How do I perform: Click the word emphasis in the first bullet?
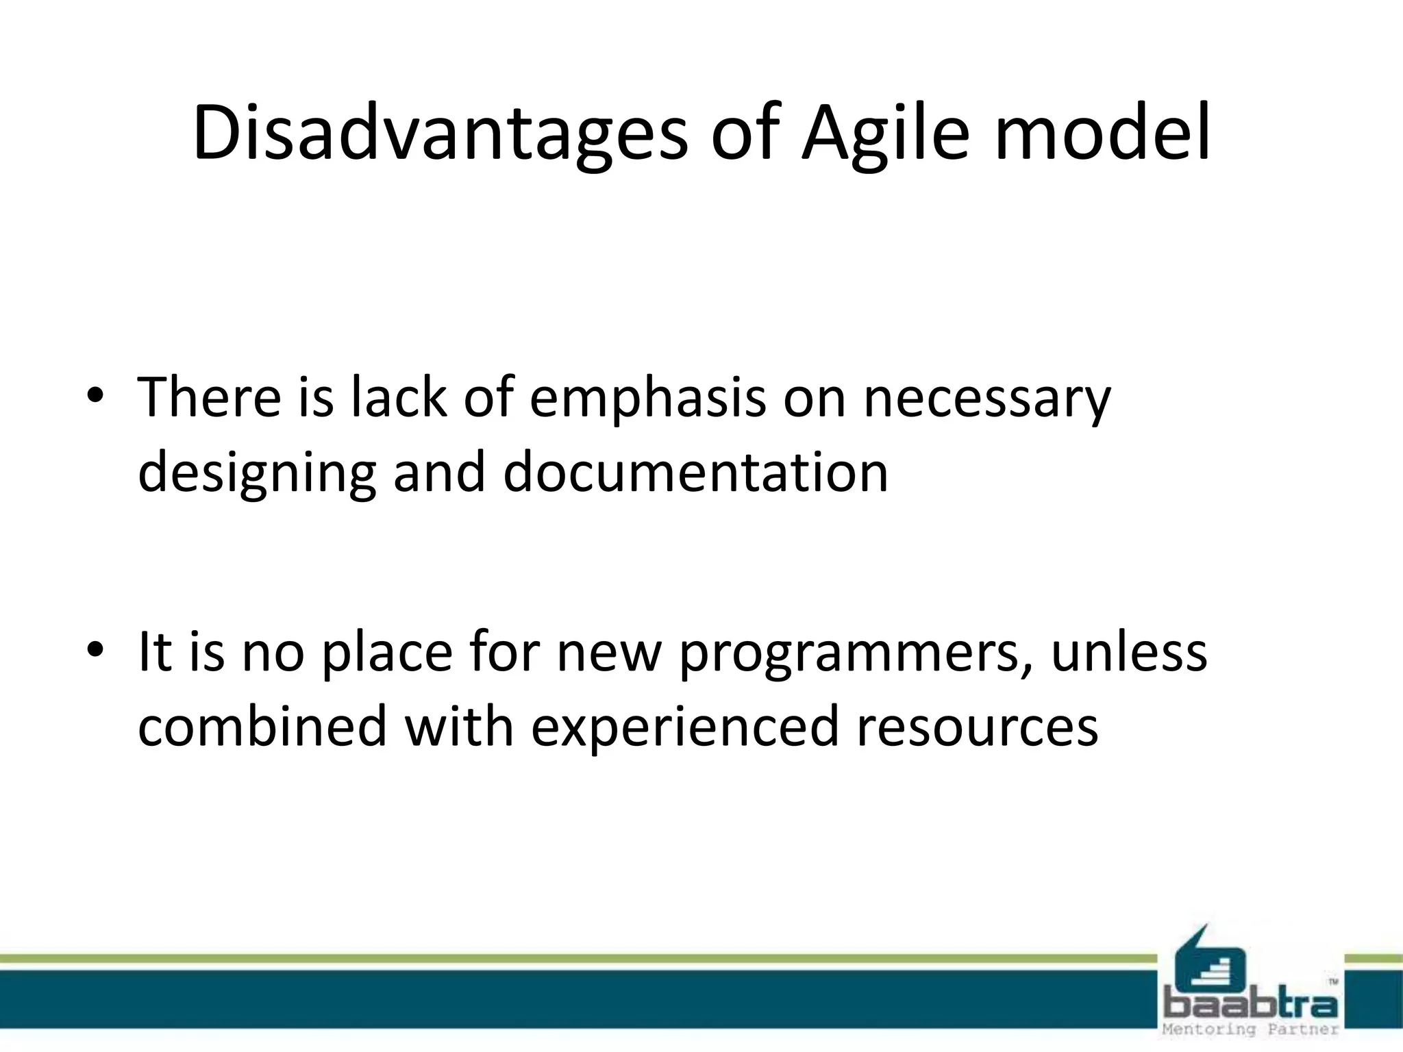point(647,400)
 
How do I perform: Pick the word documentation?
point(695,473)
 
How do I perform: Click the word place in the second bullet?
point(387,655)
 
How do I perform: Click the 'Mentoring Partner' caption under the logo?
point(1250,1030)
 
